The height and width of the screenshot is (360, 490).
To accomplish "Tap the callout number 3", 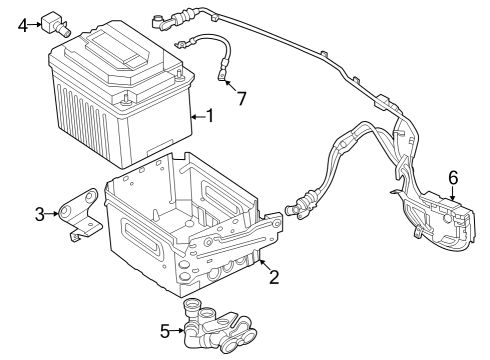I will point(39,213).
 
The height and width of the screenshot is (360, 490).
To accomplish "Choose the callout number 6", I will point(453,177).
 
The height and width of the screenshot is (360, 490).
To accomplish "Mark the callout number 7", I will point(239,98).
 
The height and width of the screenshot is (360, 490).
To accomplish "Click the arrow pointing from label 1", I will point(195,116).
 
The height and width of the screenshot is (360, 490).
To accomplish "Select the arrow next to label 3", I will point(52,213).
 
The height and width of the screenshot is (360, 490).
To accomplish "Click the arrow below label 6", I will point(453,194).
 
